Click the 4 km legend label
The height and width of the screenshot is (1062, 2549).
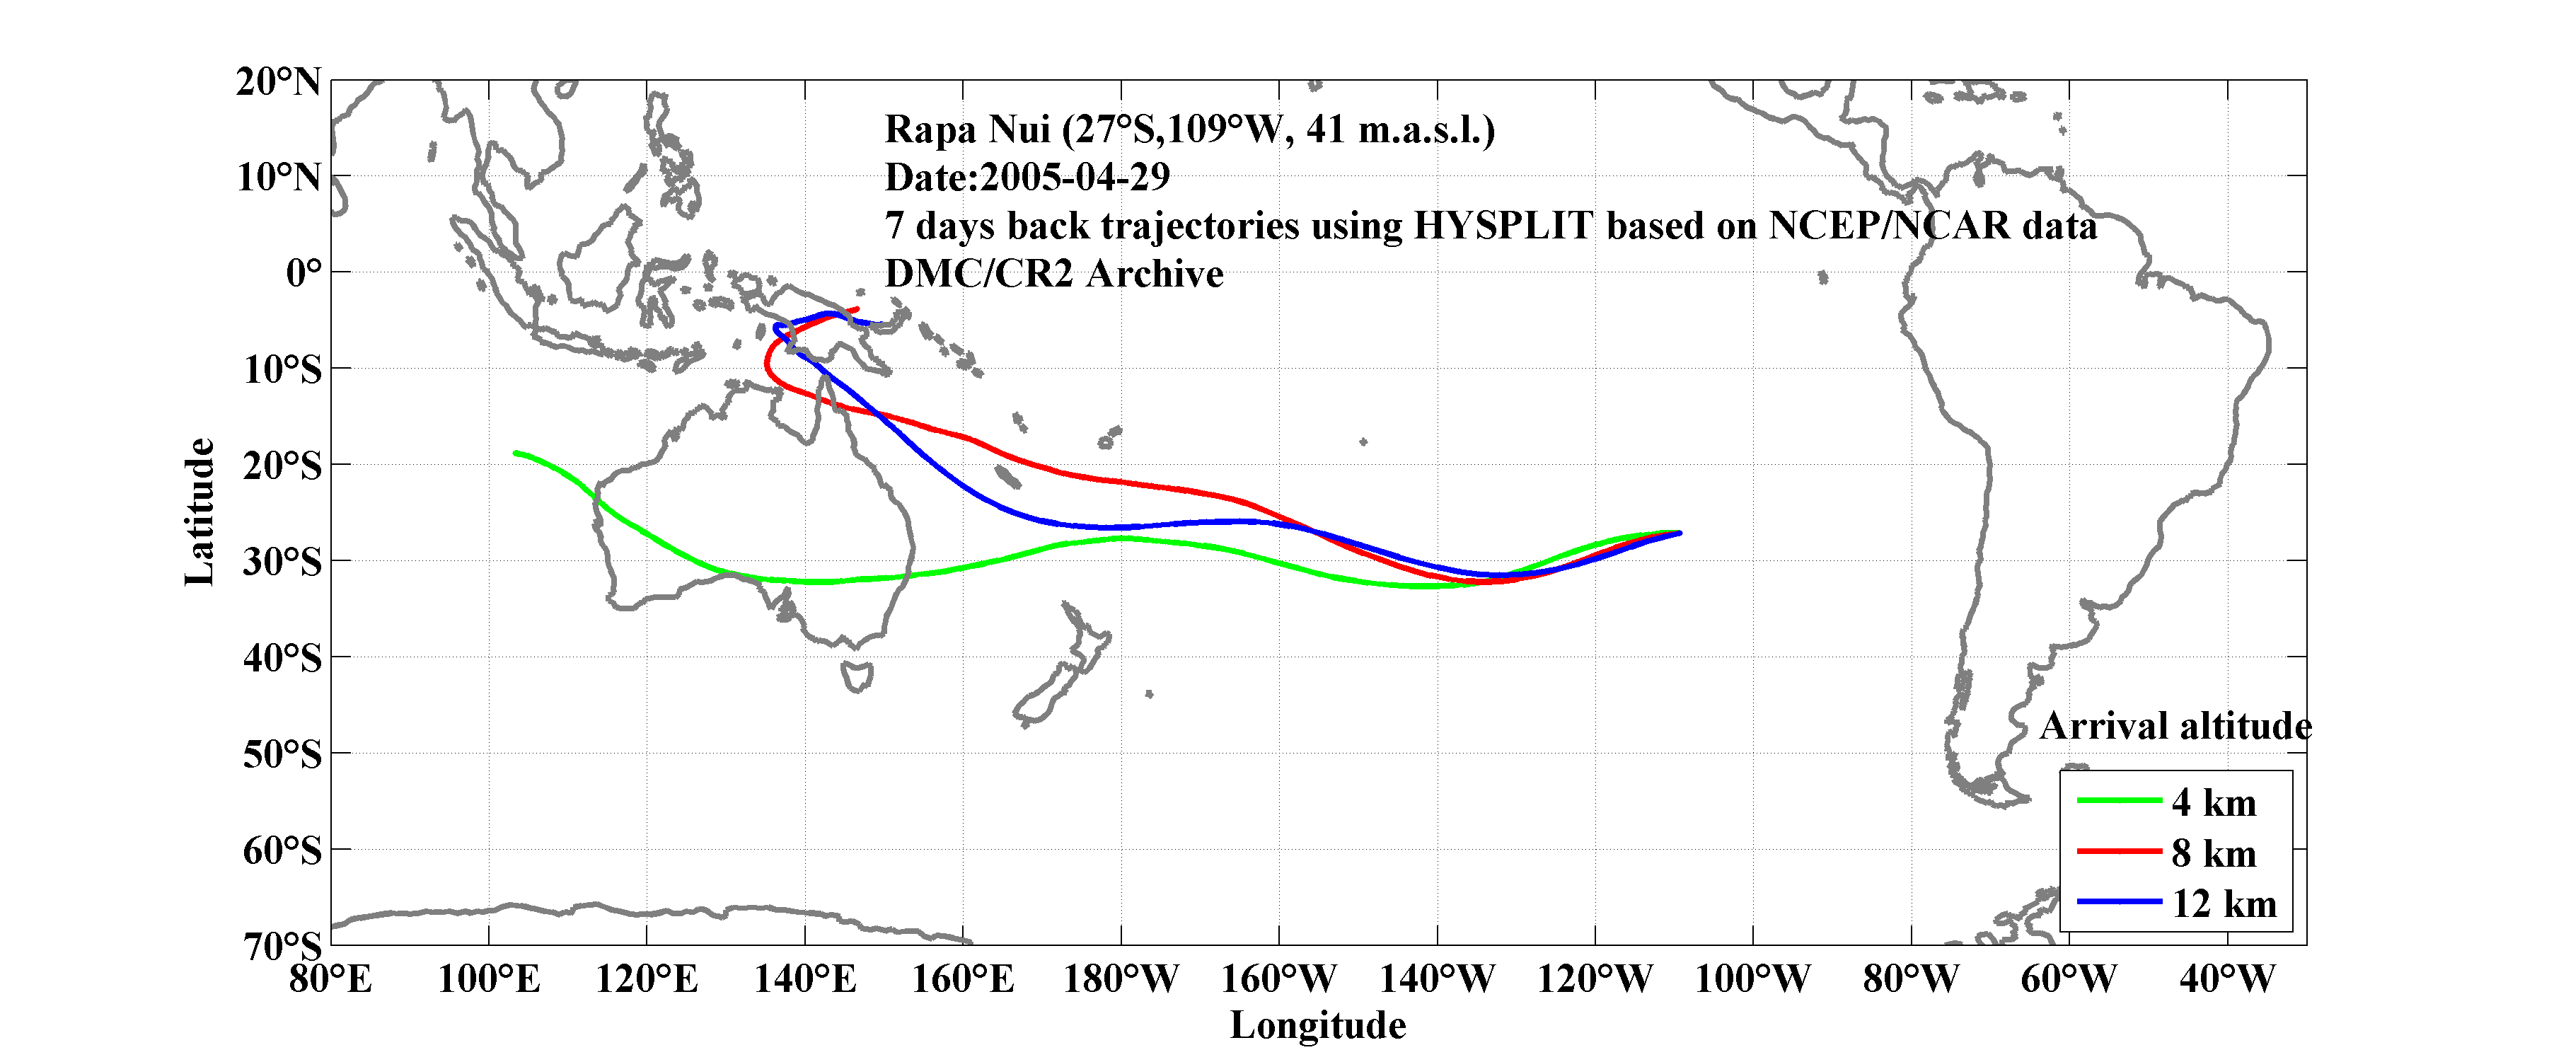coord(2214,802)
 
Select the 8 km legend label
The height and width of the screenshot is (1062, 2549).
coord(2214,853)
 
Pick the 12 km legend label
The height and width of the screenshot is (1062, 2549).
coord(2224,904)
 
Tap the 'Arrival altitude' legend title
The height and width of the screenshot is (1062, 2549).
coord(2175,727)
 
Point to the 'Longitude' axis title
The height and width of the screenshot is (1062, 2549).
coord(1317,1025)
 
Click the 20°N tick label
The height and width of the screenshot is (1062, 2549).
coord(278,81)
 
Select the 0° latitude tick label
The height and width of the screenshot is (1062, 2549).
coord(304,272)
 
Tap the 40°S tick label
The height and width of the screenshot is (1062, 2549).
coord(282,657)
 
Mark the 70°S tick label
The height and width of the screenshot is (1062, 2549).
coord(282,946)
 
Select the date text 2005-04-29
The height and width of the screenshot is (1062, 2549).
coord(1075,177)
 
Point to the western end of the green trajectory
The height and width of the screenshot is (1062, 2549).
coord(516,454)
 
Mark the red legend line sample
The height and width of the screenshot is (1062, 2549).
coord(2119,851)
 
